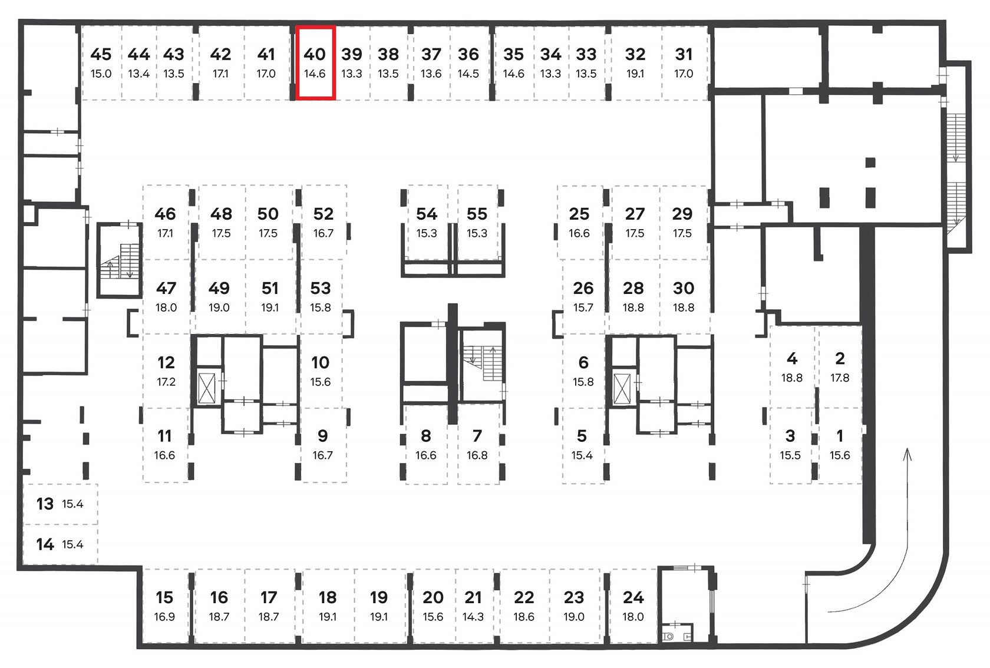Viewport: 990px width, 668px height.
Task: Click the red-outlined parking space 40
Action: pyautogui.click(x=315, y=62)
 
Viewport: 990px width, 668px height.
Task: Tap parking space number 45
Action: pyautogui.click(x=101, y=54)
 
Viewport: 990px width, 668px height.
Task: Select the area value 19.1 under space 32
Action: pyautogui.click(x=635, y=73)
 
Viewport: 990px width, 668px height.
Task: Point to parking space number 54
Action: pyautogui.click(x=427, y=214)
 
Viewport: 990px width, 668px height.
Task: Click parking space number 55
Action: pyautogui.click(x=477, y=214)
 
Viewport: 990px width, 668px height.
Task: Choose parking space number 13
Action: pyautogui.click(x=45, y=504)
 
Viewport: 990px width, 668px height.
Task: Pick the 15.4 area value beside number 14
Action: pyautogui.click(x=72, y=544)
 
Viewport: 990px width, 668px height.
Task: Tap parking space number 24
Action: pyautogui.click(x=633, y=597)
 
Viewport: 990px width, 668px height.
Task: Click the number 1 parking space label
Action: pyautogui.click(x=840, y=436)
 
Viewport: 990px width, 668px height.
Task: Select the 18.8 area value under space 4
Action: pyautogui.click(x=791, y=378)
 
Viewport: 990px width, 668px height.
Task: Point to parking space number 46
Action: pyautogui.click(x=165, y=214)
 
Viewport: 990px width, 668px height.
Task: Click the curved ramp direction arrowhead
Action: pyautogui.click(x=907, y=454)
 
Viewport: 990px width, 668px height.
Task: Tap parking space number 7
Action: pyautogui.click(x=477, y=436)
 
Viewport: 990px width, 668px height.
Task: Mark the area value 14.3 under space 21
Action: pyautogui.click(x=473, y=616)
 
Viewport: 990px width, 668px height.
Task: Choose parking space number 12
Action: pyautogui.click(x=166, y=363)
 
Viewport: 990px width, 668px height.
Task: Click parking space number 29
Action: pyautogui.click(x=682, y=214)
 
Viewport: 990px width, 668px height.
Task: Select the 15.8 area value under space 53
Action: pyautogui.click(x=321, y=307)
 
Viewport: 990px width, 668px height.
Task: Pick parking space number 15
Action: pyautogui.click(x=164, y=597)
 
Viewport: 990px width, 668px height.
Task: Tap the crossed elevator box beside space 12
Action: pyautogui.click(x=206, y=388)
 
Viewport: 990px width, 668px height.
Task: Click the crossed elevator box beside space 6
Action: pyautogui.click(x=621, y=389)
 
